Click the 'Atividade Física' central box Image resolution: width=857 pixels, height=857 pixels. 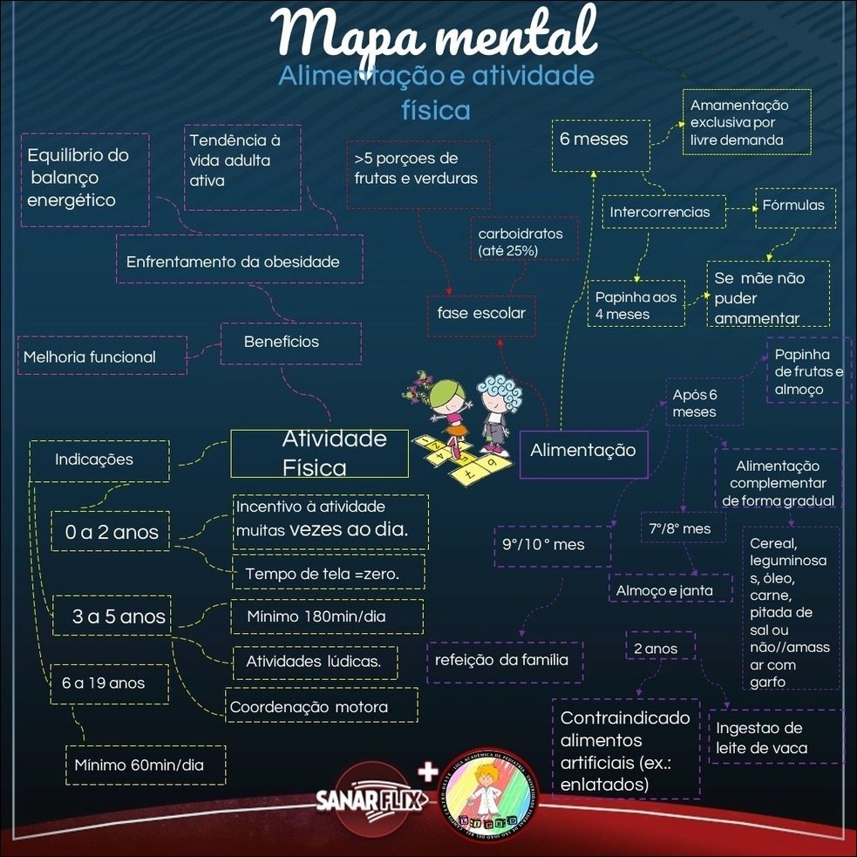coord(319,452)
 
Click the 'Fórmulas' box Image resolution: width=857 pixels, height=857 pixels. coord(792,207)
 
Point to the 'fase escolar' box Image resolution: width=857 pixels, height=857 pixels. coord(481,314)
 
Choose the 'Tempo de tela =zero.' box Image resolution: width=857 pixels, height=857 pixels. coord(328,573)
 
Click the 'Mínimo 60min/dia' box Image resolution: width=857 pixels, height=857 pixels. coord(146,765)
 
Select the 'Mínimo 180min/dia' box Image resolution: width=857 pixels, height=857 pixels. coord(327,617)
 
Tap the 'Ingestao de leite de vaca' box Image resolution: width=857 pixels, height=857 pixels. coord(774,738)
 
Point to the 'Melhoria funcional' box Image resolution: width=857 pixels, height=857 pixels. coord(102,356)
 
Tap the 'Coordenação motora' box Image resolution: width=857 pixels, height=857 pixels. coord(321,706)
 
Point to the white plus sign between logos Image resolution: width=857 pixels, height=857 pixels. coord(426,772)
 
